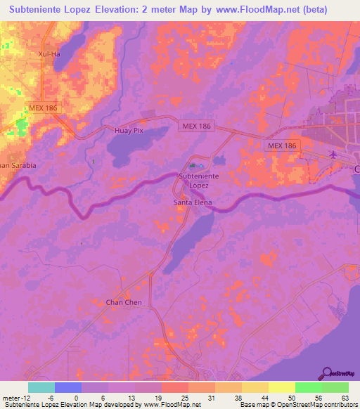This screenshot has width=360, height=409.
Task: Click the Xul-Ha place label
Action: point(51,53)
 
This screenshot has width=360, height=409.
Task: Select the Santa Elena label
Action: point(192,202)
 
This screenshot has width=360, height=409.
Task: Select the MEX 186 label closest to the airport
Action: point(282,145)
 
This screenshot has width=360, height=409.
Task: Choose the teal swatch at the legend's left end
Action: point(41,387)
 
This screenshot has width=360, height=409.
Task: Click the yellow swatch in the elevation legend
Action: point(282,387)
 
